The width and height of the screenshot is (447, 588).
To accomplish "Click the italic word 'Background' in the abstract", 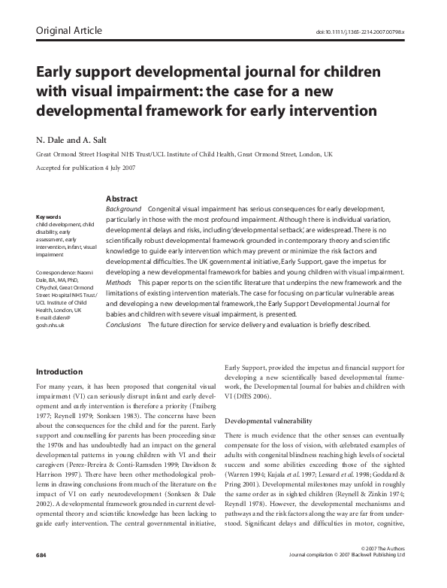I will [x=124, y=208].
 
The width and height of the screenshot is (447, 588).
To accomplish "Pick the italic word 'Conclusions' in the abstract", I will [x=125, y=325].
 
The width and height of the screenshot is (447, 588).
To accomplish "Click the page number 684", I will [x=41, y=575].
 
